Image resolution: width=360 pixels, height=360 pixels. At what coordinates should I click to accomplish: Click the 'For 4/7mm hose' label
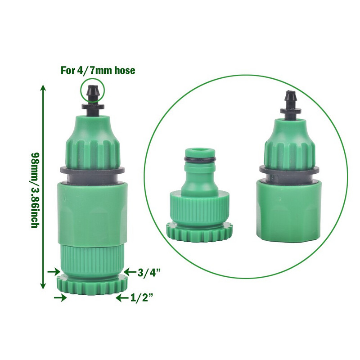(x=98, y=70)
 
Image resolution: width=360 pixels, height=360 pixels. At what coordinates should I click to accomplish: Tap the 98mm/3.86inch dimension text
(x=36, y=190)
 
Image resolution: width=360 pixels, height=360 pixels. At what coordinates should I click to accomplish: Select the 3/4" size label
(x=149, y=273)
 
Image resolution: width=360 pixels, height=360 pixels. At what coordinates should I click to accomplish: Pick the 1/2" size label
(x=142, y=298)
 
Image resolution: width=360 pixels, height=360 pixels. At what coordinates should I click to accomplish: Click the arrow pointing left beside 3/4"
(x=130, y=272)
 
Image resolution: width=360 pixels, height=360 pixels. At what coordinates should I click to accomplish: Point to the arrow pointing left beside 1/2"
(x=122, y=298)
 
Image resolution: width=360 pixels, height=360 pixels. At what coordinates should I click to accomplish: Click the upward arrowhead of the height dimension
(x=43, y=88)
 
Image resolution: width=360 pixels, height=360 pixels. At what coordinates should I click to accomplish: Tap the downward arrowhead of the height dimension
(x=43, y=285)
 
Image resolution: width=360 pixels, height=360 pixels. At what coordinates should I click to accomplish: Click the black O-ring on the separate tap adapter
(x=200, y=159)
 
